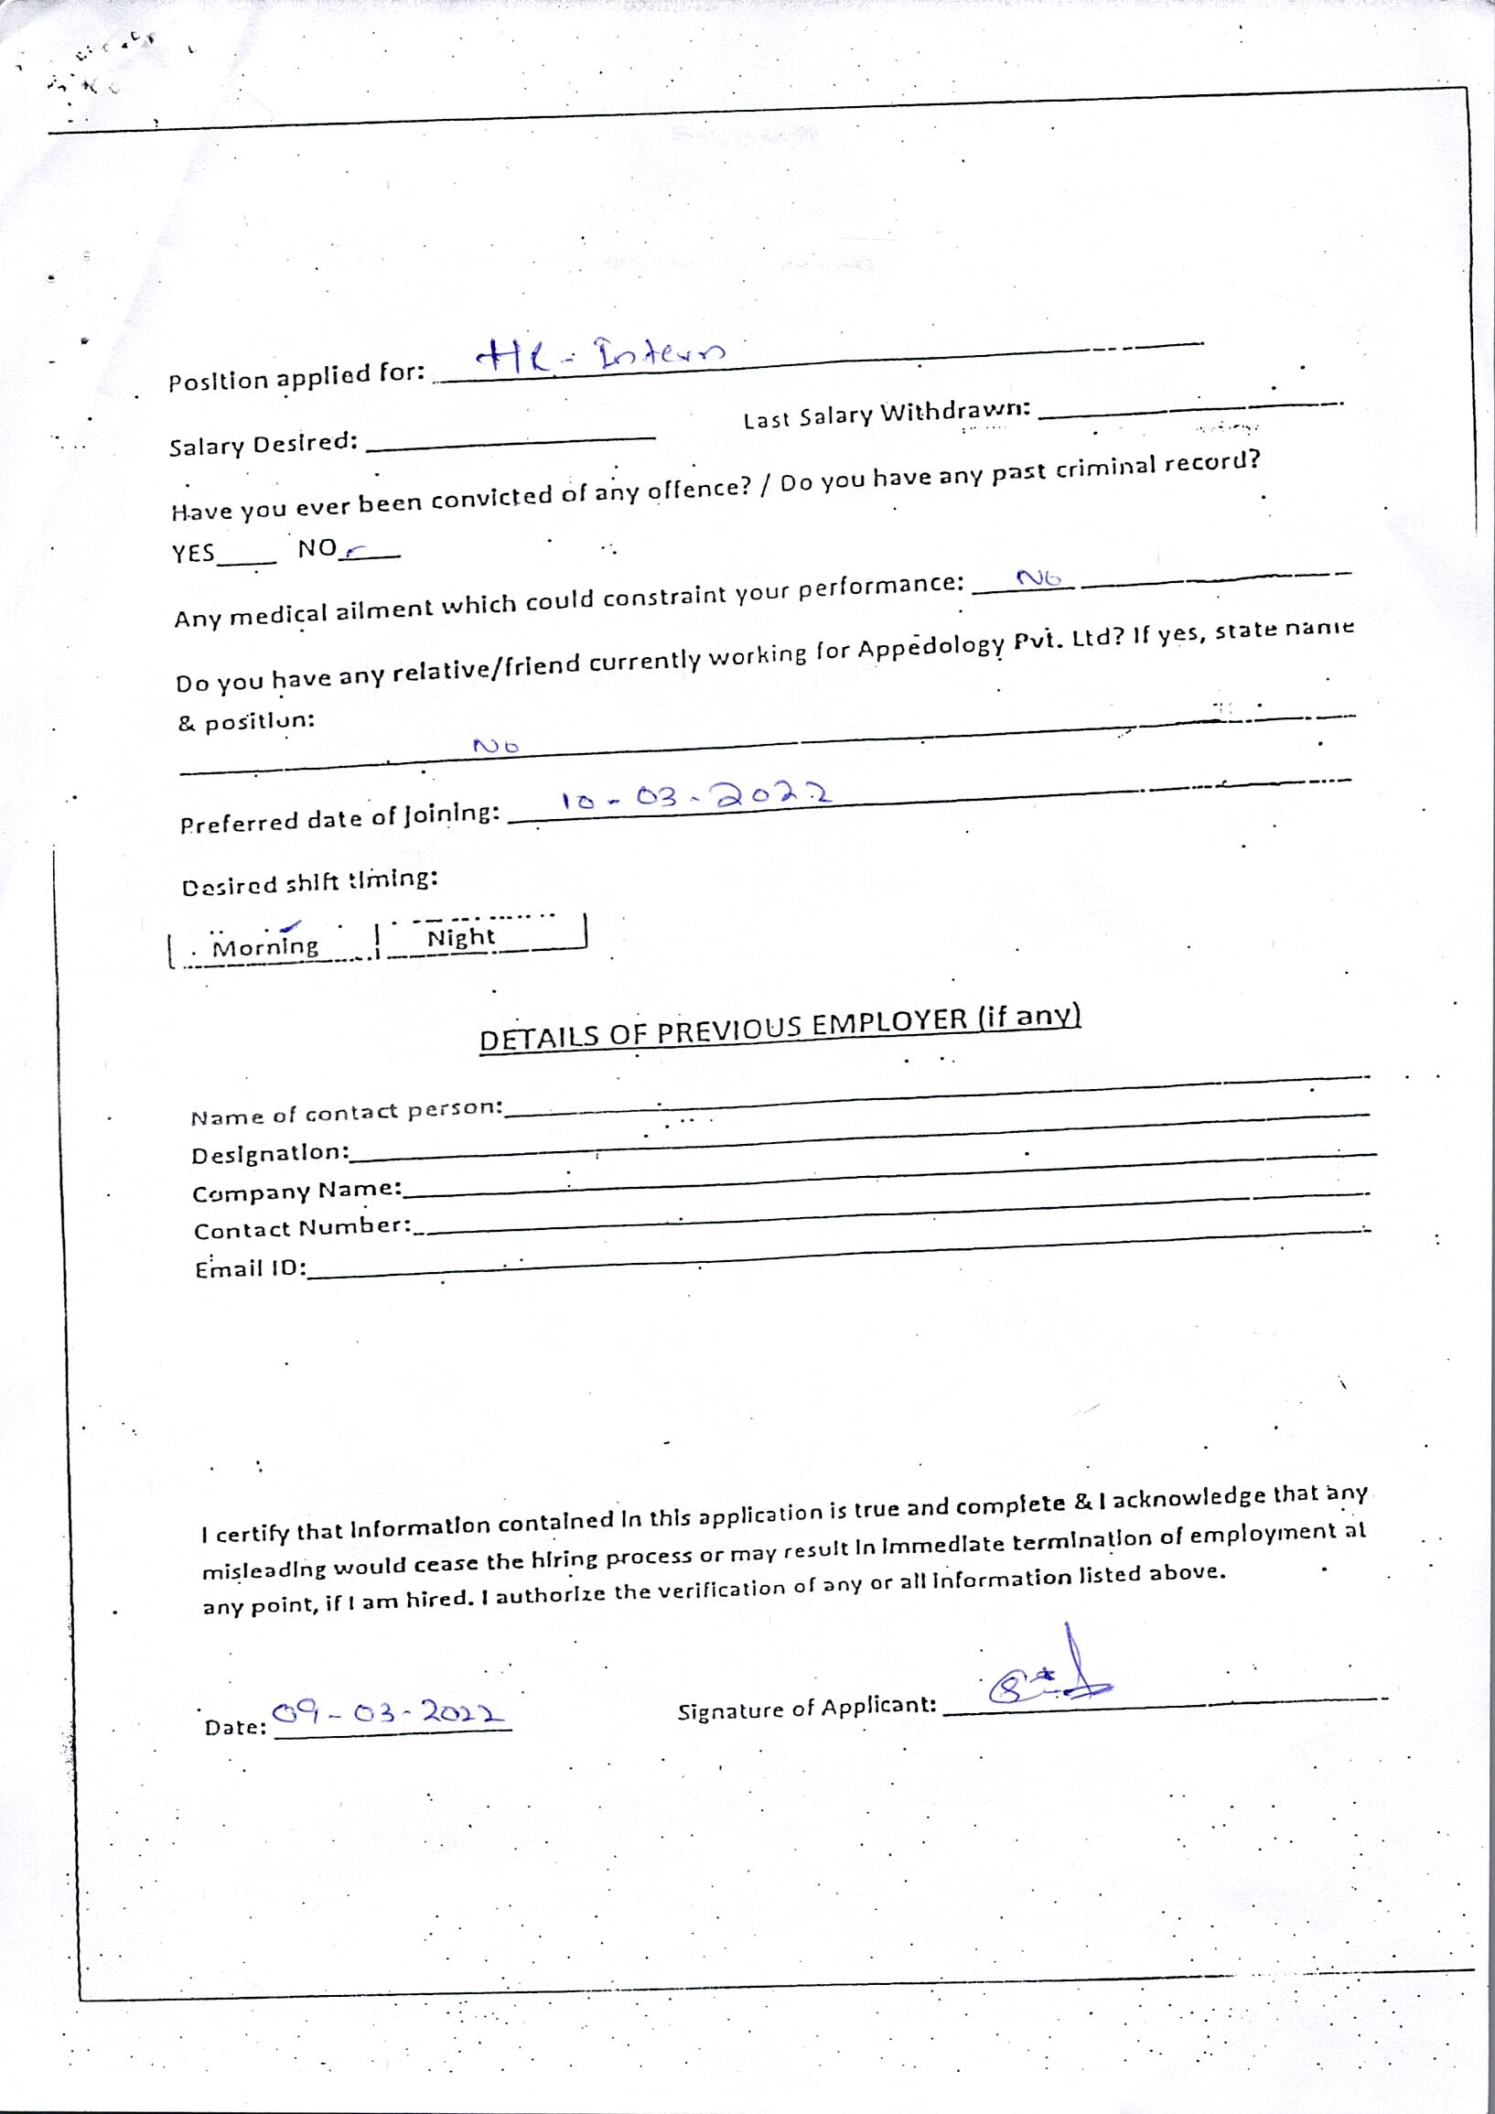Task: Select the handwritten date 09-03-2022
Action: click(x=388, y=1713)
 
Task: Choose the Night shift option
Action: click(x=461, y=937)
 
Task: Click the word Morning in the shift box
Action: click(x=265, y=946)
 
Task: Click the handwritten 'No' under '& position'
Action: click(x=496, y=746)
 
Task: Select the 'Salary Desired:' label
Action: click(x=264, y=444)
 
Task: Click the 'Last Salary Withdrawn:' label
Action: click(x=886, y=415)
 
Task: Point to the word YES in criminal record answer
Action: click(x=193, y=554)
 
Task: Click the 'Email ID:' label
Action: click(x=250, y=1268)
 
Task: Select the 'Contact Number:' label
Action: click(x=302, y=1228)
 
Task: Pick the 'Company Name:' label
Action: click(x=296, y=1192)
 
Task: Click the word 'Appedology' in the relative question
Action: click(x=930, y=645)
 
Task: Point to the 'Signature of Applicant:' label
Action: click(x=806, y=1708)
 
